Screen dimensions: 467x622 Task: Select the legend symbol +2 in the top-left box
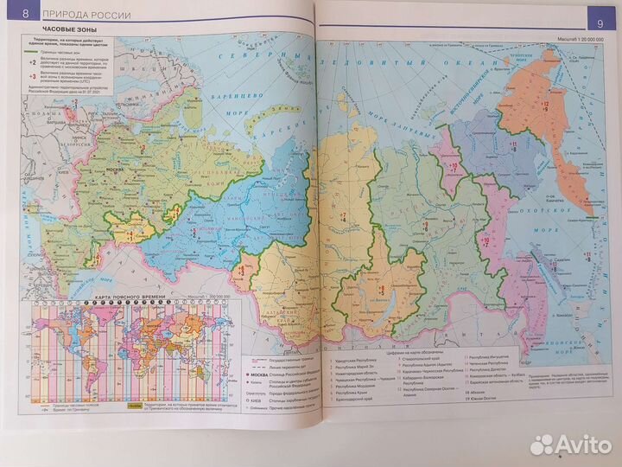tap(30, 62)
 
